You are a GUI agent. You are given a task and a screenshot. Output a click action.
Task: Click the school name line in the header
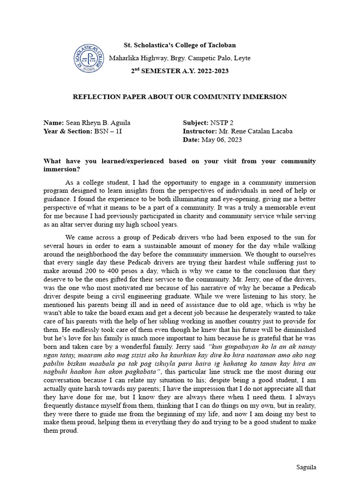pos(180,45)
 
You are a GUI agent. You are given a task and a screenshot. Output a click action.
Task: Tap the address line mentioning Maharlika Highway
pos(180,58)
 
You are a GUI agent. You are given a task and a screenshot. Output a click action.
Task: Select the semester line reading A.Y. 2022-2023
pos(180,71)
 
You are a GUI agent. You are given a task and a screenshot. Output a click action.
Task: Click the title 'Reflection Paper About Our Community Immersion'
pos(180,97)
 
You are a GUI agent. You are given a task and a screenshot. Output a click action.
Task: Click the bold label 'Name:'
pos(53,123)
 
